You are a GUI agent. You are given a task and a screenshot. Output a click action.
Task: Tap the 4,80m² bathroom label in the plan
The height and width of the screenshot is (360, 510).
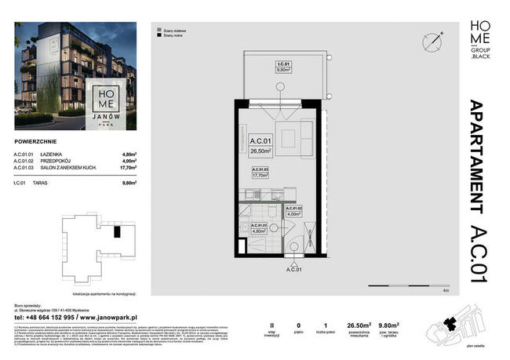pos(260,228)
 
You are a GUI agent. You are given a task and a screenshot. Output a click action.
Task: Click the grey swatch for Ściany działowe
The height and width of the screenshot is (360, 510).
pos(159,27)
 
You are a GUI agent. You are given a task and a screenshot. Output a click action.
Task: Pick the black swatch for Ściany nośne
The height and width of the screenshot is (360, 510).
pos(159,35)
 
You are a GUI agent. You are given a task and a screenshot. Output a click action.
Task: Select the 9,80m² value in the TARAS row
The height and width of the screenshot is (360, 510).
pos(129,182)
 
